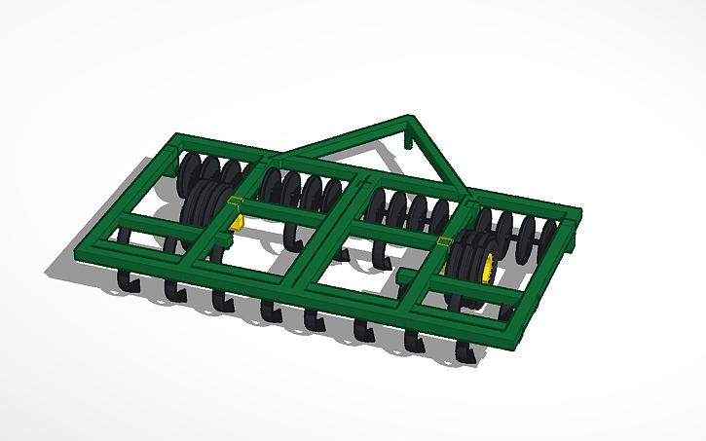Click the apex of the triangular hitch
[411, 121]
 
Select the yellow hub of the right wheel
[486, 263]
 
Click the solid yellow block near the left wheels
[237, 221]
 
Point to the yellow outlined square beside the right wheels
[445, 241]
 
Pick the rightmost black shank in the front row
[468, 352]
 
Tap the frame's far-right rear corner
[576, 213]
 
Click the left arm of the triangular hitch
[341, 140]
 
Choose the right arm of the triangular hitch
[439, 157]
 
